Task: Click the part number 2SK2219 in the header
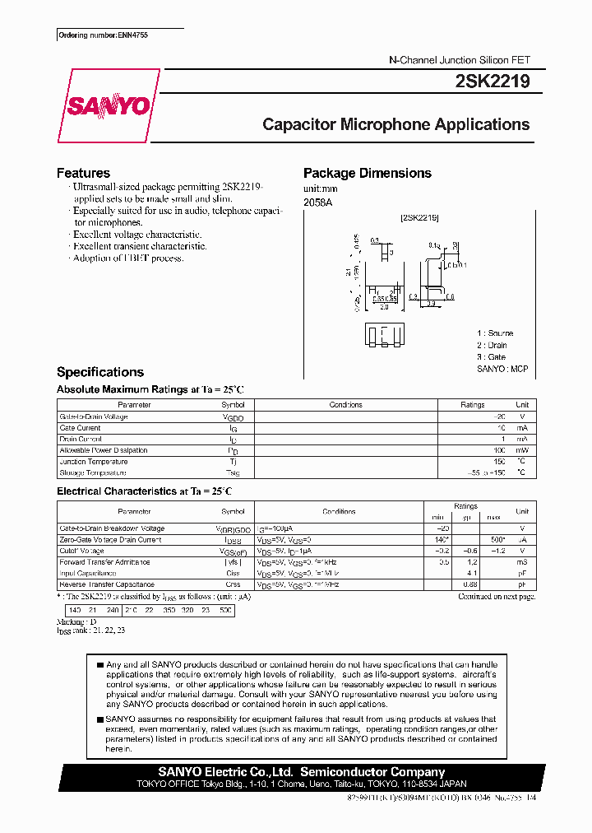[492, 81]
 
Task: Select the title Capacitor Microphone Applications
[395, 125]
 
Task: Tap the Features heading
[83, 173]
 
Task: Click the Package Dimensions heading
[367, 173]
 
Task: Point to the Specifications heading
[99, 372]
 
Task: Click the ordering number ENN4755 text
[102, 36]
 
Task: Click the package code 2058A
[317, 202]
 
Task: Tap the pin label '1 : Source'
[495, 333]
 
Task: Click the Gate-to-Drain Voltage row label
[94, 416]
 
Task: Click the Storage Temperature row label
[93, 472]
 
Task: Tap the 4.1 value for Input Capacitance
[472, 573]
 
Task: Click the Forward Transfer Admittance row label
[104, 562]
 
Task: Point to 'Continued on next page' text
[497, 596]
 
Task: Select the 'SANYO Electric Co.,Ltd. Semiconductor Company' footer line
[301, 772]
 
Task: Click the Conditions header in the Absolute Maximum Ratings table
[345, 405]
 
